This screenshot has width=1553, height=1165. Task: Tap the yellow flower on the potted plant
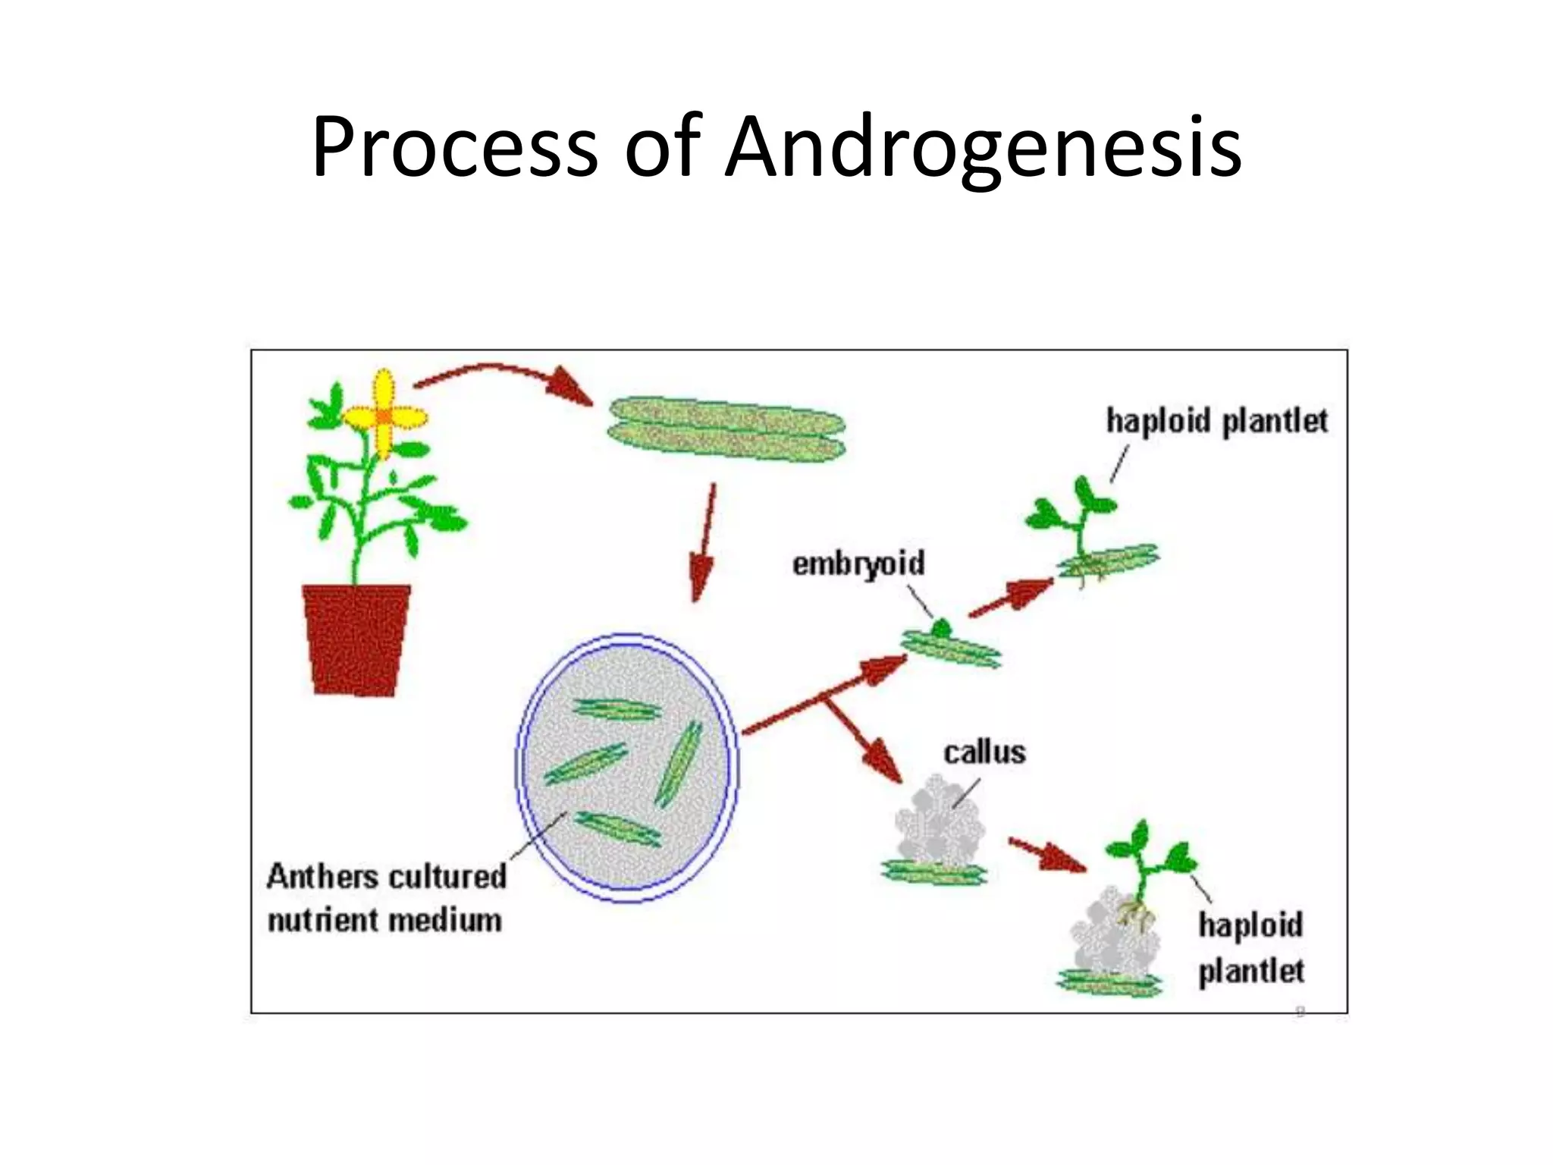click(x=385, y=416)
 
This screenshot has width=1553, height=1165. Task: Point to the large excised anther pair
click(x=726, y=428)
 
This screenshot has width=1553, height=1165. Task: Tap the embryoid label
click(x=858, y=564)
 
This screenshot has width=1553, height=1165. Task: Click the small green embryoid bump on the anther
click(x=941, y=628)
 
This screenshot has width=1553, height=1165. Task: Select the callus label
click(x=984, y=752)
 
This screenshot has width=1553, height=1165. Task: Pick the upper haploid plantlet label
click(x=1216, y=422)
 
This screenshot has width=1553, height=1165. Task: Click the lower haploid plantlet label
click(x=1251, y=948)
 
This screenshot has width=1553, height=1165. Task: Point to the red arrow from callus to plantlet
click(x=1046, y=854)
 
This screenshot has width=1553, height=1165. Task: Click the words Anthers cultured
click(x=386, y=877)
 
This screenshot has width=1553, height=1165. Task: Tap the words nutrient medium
click(x=384, y=921)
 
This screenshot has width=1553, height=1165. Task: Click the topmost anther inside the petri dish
click(x=616, y=710)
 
